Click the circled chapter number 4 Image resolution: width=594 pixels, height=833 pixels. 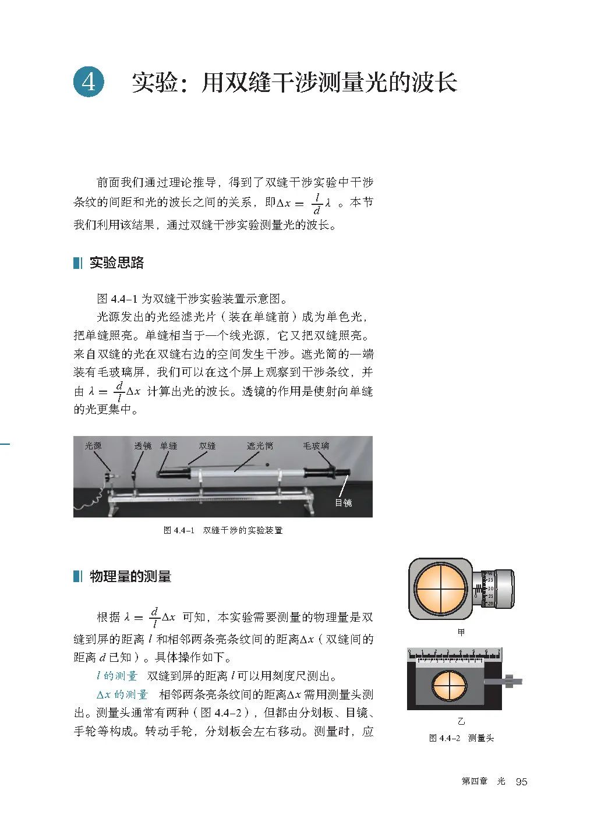89,82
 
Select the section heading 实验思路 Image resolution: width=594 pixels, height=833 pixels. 116,263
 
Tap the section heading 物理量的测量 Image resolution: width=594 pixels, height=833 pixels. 130,576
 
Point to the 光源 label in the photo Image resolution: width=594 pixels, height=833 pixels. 93,446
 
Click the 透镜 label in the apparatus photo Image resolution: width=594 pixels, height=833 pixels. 143,446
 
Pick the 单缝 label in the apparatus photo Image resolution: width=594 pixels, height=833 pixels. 169,446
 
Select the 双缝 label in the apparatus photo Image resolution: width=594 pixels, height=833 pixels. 207,446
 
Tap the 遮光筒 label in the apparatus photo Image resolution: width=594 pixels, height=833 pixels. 260,446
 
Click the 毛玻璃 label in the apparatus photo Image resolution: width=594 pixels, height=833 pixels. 316,446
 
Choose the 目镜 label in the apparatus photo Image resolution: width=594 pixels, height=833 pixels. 344,502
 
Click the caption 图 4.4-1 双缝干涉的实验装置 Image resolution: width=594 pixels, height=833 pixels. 223,530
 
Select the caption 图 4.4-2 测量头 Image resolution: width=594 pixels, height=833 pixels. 461,738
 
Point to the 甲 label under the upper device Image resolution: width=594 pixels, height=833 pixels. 461,632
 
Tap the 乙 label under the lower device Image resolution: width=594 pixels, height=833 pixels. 461,721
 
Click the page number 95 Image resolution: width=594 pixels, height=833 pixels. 521,781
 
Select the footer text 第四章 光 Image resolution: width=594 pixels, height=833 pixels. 483,781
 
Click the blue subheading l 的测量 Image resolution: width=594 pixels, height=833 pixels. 117,676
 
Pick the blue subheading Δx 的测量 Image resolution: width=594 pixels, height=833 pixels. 122,694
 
